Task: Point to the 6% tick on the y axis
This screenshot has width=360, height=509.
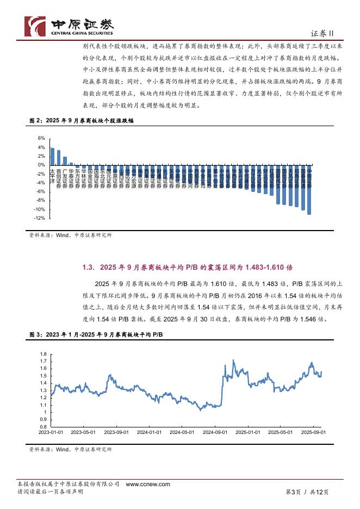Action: pyautogui.click(x=41, y=139)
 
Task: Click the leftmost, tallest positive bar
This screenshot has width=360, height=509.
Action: pyautogui.click(x=52, y=156)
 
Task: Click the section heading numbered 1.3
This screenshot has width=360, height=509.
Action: pyautogui.click(x=188, y=267)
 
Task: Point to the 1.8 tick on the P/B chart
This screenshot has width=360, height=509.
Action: pyautogui.click(x=44, y=354)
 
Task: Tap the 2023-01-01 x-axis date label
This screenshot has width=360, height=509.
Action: pyautogui.click(x=52, y=432)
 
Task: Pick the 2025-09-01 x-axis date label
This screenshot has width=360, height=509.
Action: pyautogui.click(x=314, y=432)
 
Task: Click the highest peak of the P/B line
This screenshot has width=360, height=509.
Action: pyautogui.click(x=233, y=360)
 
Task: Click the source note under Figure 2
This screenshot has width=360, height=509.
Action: pyautogui.click(x=70, y=235)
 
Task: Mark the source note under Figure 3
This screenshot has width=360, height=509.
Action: pyautogui.click(x=70, y=450)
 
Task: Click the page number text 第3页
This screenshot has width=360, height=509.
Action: pyautogui.click(x=293, y=492)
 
